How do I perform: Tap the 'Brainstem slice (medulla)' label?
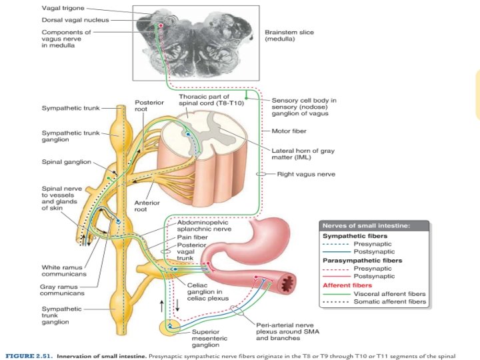click(x=289, y=35)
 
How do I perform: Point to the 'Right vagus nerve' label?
click(x=306, y=174)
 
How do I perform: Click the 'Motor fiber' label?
click(x=289, y=131)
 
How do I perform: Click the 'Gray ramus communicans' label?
click(x=62, y=289)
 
